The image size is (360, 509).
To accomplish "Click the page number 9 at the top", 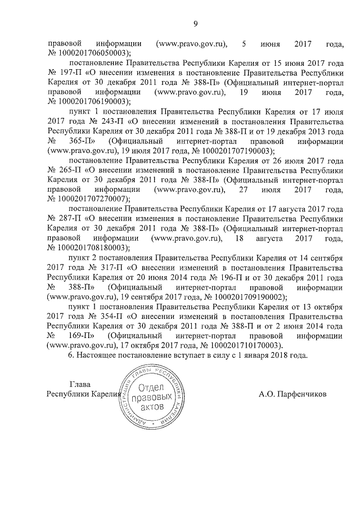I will click(195, 23).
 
